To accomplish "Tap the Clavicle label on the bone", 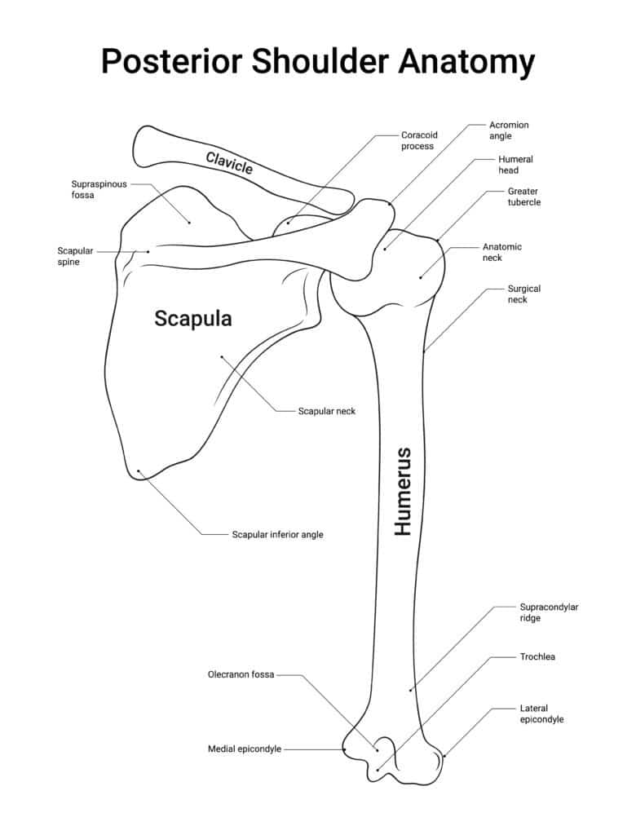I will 229,163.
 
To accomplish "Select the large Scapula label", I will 193,319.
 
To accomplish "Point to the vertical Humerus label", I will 403,491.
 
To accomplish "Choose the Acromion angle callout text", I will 509,130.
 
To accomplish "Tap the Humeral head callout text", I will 515,165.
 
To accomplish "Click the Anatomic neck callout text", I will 502,252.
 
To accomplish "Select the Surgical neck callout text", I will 524,294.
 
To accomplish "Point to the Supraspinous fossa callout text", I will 99,190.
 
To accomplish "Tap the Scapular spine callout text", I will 75,256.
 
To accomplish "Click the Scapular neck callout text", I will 326,411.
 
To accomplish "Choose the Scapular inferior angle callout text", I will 277,535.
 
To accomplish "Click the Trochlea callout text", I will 537,656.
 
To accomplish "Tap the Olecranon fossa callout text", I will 241,674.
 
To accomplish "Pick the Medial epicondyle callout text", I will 245,749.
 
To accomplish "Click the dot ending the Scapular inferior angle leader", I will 139,471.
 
